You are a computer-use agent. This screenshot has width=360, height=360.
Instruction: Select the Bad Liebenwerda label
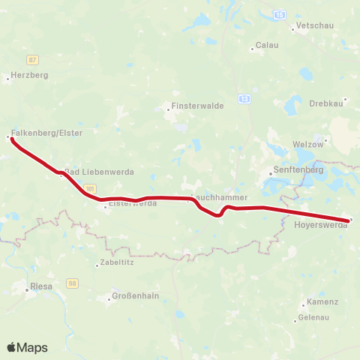99,172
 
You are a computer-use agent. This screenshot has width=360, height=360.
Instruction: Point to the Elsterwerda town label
133,203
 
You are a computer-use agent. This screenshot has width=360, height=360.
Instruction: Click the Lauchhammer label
217,197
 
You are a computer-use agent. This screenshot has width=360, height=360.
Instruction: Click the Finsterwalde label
198,106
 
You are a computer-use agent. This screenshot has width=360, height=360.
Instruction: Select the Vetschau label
314,25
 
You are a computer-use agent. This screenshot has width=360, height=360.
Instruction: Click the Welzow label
307,143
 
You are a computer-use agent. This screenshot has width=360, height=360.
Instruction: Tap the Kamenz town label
322,301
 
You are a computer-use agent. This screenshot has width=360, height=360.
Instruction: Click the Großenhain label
135,295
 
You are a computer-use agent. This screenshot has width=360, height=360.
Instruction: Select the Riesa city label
40,286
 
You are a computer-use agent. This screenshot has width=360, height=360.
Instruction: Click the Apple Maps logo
27,347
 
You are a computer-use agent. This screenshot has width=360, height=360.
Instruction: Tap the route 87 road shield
31,59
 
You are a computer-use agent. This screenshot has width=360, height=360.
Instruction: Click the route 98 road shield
73,282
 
